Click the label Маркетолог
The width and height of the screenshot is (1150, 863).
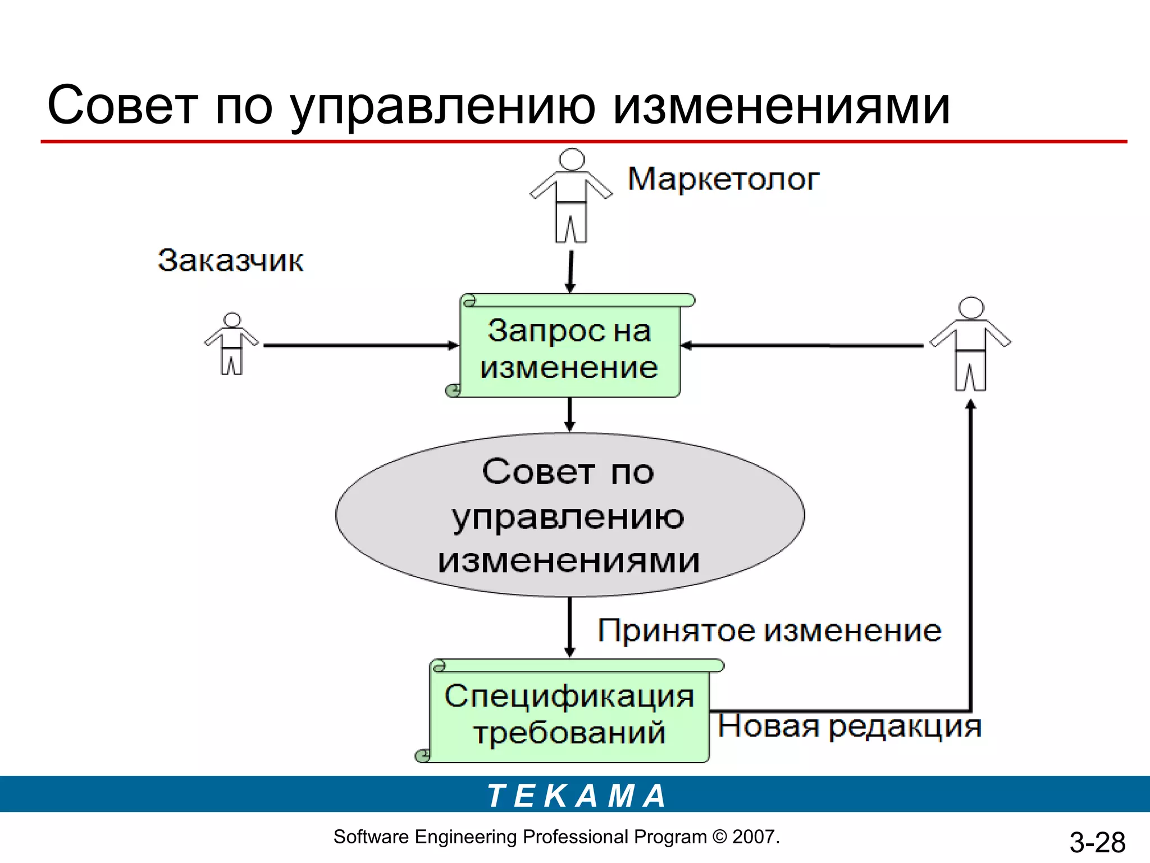723,179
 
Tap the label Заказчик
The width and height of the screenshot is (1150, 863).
230,261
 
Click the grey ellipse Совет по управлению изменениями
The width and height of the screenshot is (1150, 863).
569,515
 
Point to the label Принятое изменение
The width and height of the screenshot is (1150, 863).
769,631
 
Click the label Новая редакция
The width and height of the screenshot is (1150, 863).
849,726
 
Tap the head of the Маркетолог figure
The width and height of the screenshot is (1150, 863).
572,159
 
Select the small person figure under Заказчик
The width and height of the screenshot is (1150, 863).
231,344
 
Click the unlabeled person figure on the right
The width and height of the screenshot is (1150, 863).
971,344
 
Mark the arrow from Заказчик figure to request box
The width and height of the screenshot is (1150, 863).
359,346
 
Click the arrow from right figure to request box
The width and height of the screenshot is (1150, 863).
803,346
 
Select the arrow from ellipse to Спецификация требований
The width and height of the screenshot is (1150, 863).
569,626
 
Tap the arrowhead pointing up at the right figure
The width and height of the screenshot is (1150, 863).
971,404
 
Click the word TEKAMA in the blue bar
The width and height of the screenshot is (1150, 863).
576,796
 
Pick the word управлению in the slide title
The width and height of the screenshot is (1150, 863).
443,107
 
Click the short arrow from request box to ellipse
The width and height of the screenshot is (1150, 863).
569,415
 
